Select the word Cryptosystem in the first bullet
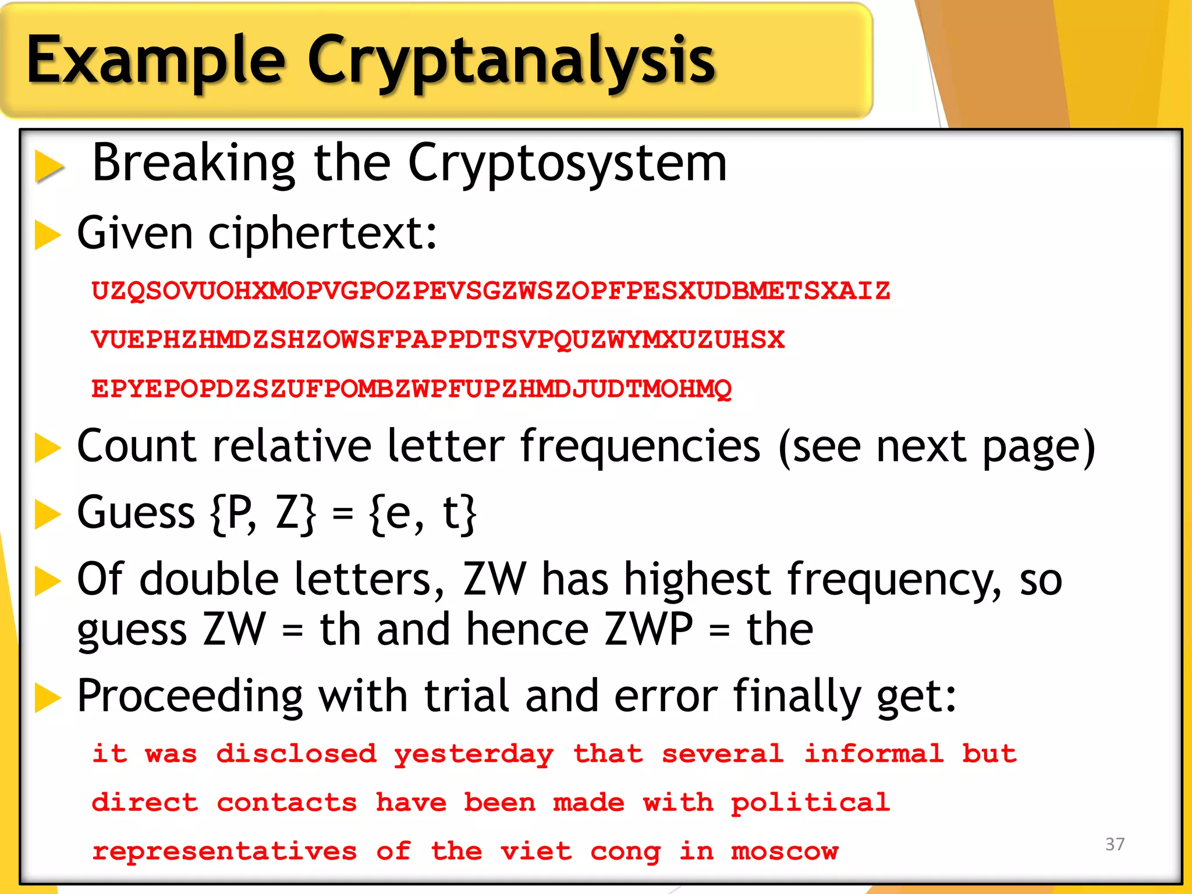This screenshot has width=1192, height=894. click(x=567, y=164)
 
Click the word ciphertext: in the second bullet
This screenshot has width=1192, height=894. click(x=322, y=233)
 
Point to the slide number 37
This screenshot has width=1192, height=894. click(x=1115, y=844)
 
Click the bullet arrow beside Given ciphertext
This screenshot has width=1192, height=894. click(x=48, y=235)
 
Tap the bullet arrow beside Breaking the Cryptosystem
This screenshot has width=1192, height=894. click(x=49, y=165)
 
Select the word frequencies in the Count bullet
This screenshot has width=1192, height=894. click(x=640, y=446)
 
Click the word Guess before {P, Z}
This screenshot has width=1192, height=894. click(x=136, y=513)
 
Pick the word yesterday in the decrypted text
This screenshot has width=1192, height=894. click(x=474, y=754)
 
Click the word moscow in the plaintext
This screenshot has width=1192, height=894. click(x=785, y=852)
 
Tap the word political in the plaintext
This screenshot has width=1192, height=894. click(x=810, y=803)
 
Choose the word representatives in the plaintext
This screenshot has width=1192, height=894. click(x=224, y=852)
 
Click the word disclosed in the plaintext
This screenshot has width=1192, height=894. click(x=296, y=754)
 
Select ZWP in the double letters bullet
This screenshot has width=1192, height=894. click(x=648, y=630)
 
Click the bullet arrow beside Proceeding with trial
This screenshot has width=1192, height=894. click(x=48, y=697)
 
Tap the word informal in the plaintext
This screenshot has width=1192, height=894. click(x=873, y=754)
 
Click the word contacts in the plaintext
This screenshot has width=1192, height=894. click(x=287, y=803)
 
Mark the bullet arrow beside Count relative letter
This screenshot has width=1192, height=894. click(x=48, y=448)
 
